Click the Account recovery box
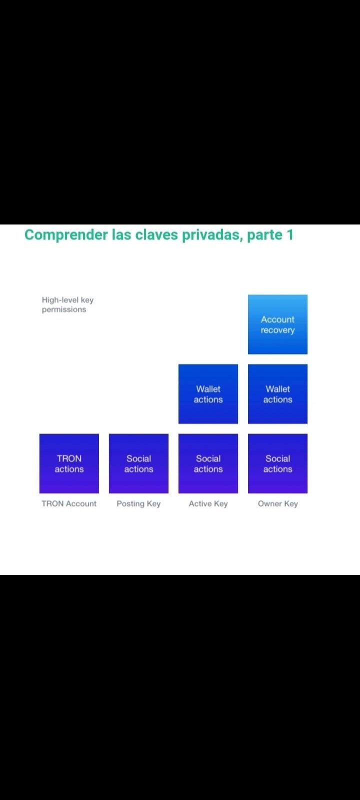point(277,324)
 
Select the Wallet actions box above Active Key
point(208,394)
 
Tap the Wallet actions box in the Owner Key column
point(277,394)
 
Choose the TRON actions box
point(69,463)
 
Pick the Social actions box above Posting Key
point(138,463)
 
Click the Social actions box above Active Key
point(208,463)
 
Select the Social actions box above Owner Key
point(277,463)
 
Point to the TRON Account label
point(69,503)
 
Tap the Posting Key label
point(138,504)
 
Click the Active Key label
point(208,504)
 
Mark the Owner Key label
point(278,504)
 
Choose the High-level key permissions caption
point(67,304)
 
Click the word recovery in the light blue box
point(277,330)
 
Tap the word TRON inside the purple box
point(69,458)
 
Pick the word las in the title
point(121,234)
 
